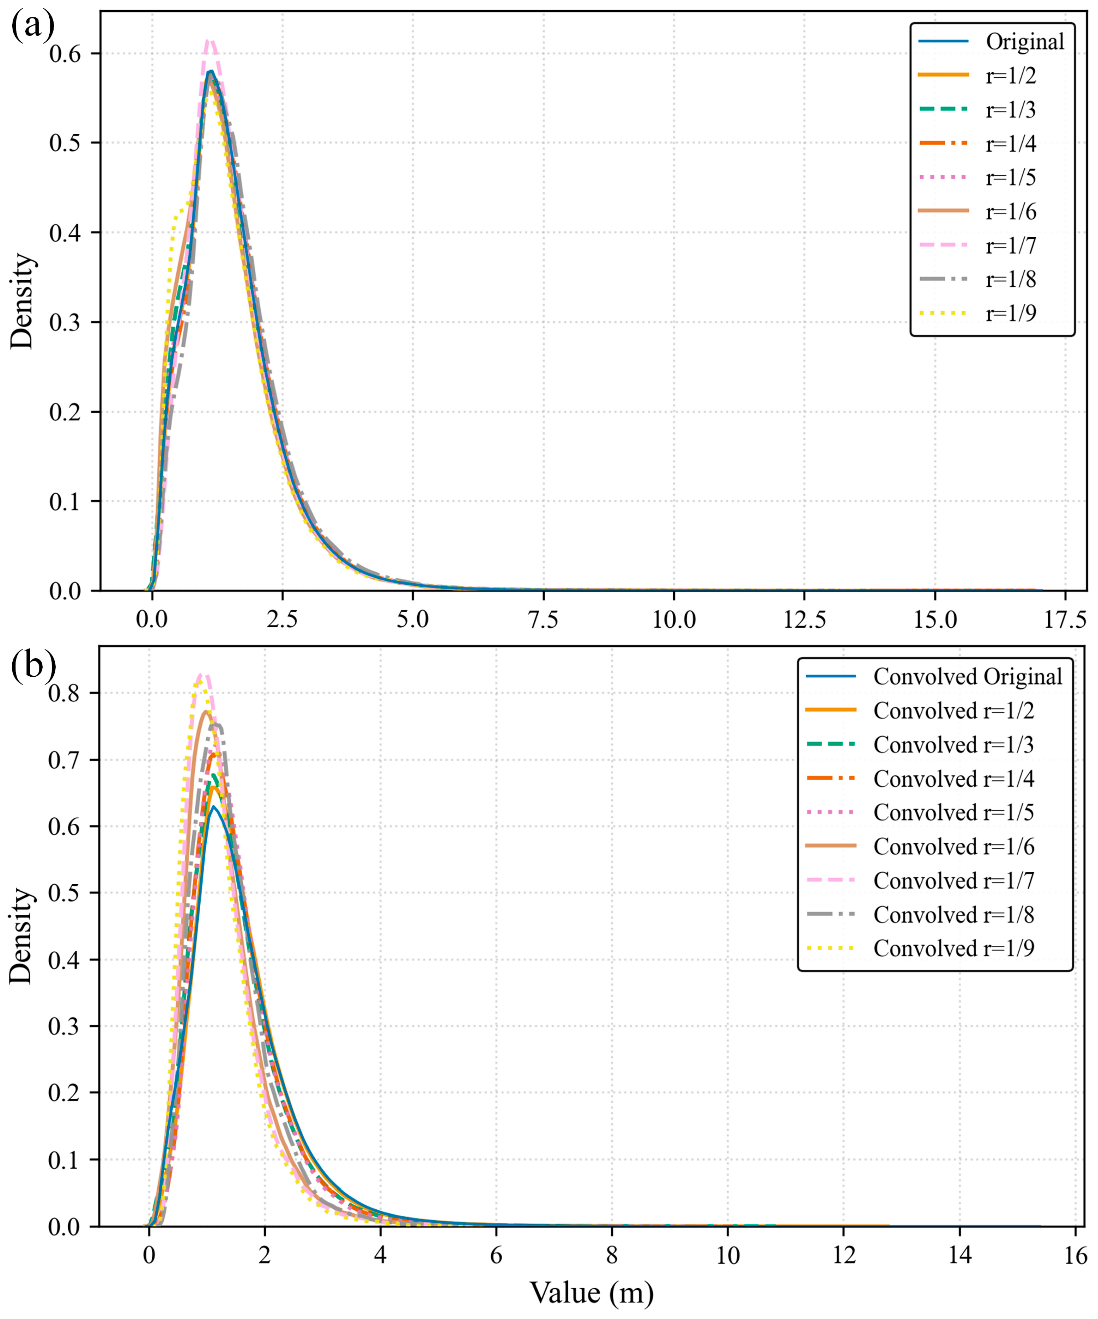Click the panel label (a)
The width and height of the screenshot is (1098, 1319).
(x=33, y=27)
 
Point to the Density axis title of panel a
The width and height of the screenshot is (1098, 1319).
(x=22, y=300)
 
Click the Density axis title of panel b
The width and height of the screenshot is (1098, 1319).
(x=22, y=936)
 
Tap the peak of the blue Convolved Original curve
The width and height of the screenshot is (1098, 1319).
(x=213, y=806)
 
